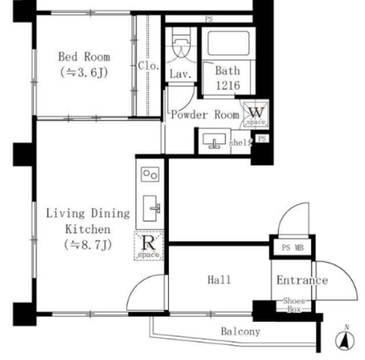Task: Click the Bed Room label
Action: (x=84, y=57)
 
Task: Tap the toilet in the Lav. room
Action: (x=181, y=44)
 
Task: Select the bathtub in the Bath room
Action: (x=228, y=43)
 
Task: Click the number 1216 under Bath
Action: (x=228, y=85)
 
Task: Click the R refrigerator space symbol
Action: (x=148, y=246)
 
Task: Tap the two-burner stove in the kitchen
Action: (x=150, y=174)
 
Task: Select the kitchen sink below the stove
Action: (x=151, y=208)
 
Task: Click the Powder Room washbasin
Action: (x=214, y=141)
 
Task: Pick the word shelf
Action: (x=240, y=142)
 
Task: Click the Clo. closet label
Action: (x=148, y=66)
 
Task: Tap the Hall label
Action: (x=219, y=280)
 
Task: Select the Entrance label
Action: (x=302, y=280)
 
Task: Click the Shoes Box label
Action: (x=294, y=305)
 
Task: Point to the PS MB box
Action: (x=293, y=248)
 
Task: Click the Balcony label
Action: (x=241, y=332)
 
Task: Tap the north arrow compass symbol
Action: (x=345, y=338)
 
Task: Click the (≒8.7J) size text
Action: (x=88, y=244)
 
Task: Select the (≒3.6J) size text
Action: (x=84, y=72)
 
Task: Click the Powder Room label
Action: (x=205, y=115)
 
